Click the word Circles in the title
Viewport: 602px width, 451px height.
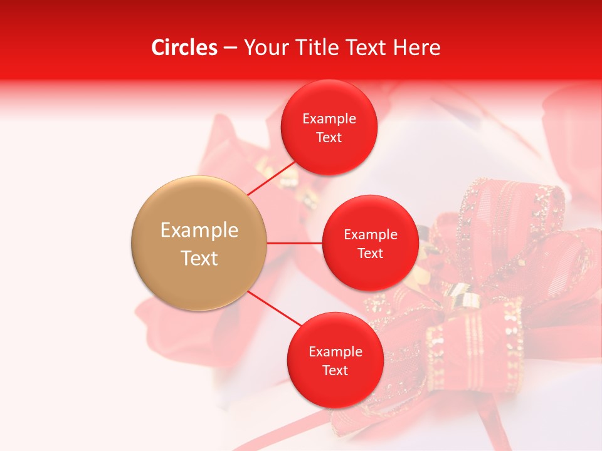click(184, 48)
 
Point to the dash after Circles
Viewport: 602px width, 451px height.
click(230, 48)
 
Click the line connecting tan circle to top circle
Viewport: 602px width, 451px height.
click(271, 179)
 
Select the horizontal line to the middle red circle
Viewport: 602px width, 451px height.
click(295, 243)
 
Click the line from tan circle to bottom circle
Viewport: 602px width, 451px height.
click(274, 309)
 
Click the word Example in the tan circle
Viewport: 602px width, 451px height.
click(199, 231)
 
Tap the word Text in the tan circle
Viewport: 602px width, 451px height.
click(199, 258)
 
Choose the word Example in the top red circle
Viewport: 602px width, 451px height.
click(329, 119)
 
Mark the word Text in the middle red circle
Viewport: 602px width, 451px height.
click(370, 253)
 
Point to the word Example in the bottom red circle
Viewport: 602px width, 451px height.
click(335, 352)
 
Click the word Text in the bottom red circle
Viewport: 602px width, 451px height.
click(335, 370)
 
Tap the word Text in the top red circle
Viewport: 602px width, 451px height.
click(329, 138)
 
